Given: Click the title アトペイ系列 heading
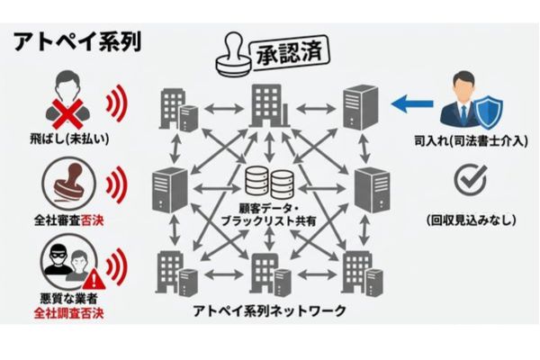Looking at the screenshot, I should click(x=76, y=41).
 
